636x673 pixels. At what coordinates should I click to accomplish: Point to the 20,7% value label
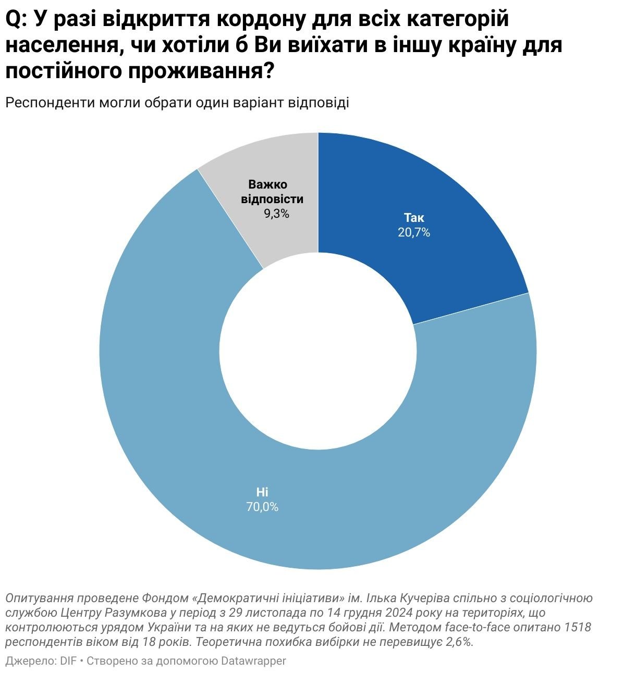tap(414, 233)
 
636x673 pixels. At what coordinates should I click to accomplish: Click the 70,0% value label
tap(262, 507)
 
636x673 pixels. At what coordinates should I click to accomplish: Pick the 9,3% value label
tap(276, 214)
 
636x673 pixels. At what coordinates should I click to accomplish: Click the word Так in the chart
tap(414, 218)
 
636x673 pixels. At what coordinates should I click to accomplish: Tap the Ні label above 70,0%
tap(262, 492)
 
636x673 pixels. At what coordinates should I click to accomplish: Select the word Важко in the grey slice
tap(267, 184)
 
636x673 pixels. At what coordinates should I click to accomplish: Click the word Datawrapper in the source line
tap(254, 661)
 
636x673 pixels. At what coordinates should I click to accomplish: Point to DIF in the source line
tap(68, 661)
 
